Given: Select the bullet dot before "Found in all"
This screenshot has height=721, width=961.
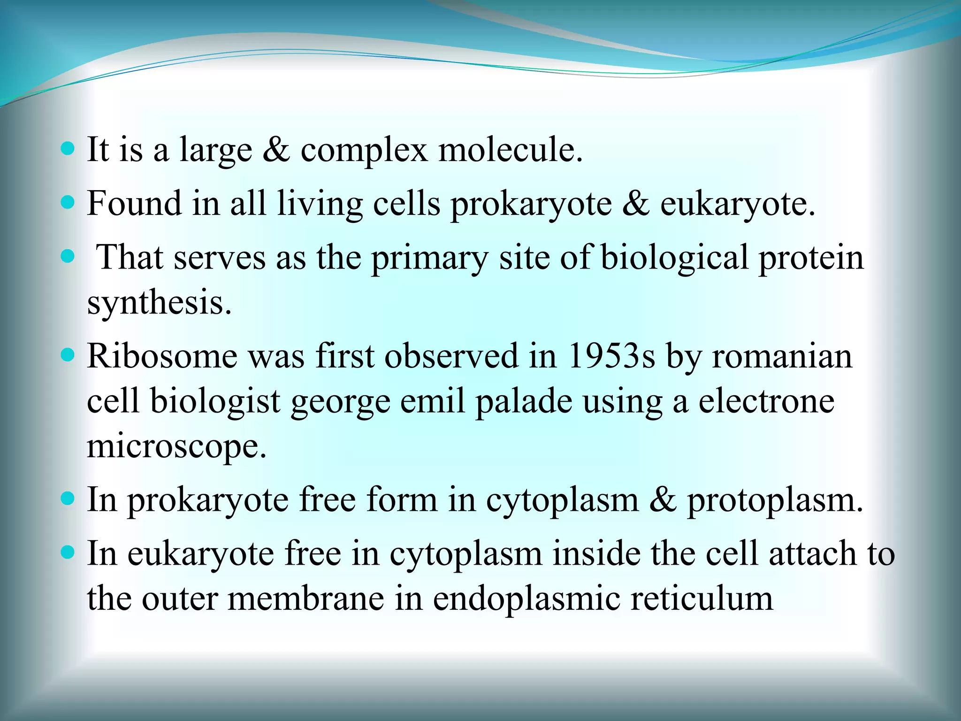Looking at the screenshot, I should coord(68,203).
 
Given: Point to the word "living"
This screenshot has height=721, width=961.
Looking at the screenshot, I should coord(320,205).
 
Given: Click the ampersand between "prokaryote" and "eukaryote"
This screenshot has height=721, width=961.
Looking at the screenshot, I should coord(636,204).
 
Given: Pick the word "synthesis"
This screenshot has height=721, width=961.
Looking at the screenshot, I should coord(159,303).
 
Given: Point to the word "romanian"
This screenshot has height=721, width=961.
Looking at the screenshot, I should coord(782,357).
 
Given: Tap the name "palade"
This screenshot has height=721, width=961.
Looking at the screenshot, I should coord(524,401).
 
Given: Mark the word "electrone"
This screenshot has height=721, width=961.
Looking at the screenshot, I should coord(766,401).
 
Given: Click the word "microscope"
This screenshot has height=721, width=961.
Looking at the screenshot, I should coord(176,446).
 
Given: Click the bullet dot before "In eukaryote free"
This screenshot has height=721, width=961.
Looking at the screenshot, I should coord(68,552).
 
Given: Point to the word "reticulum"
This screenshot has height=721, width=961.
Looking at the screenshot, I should coord(702,599).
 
